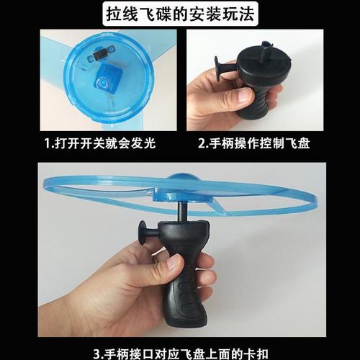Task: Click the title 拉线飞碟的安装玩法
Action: coord(179,14)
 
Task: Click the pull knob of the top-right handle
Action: coord(218,70)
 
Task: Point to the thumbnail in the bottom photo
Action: coord(174,263)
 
